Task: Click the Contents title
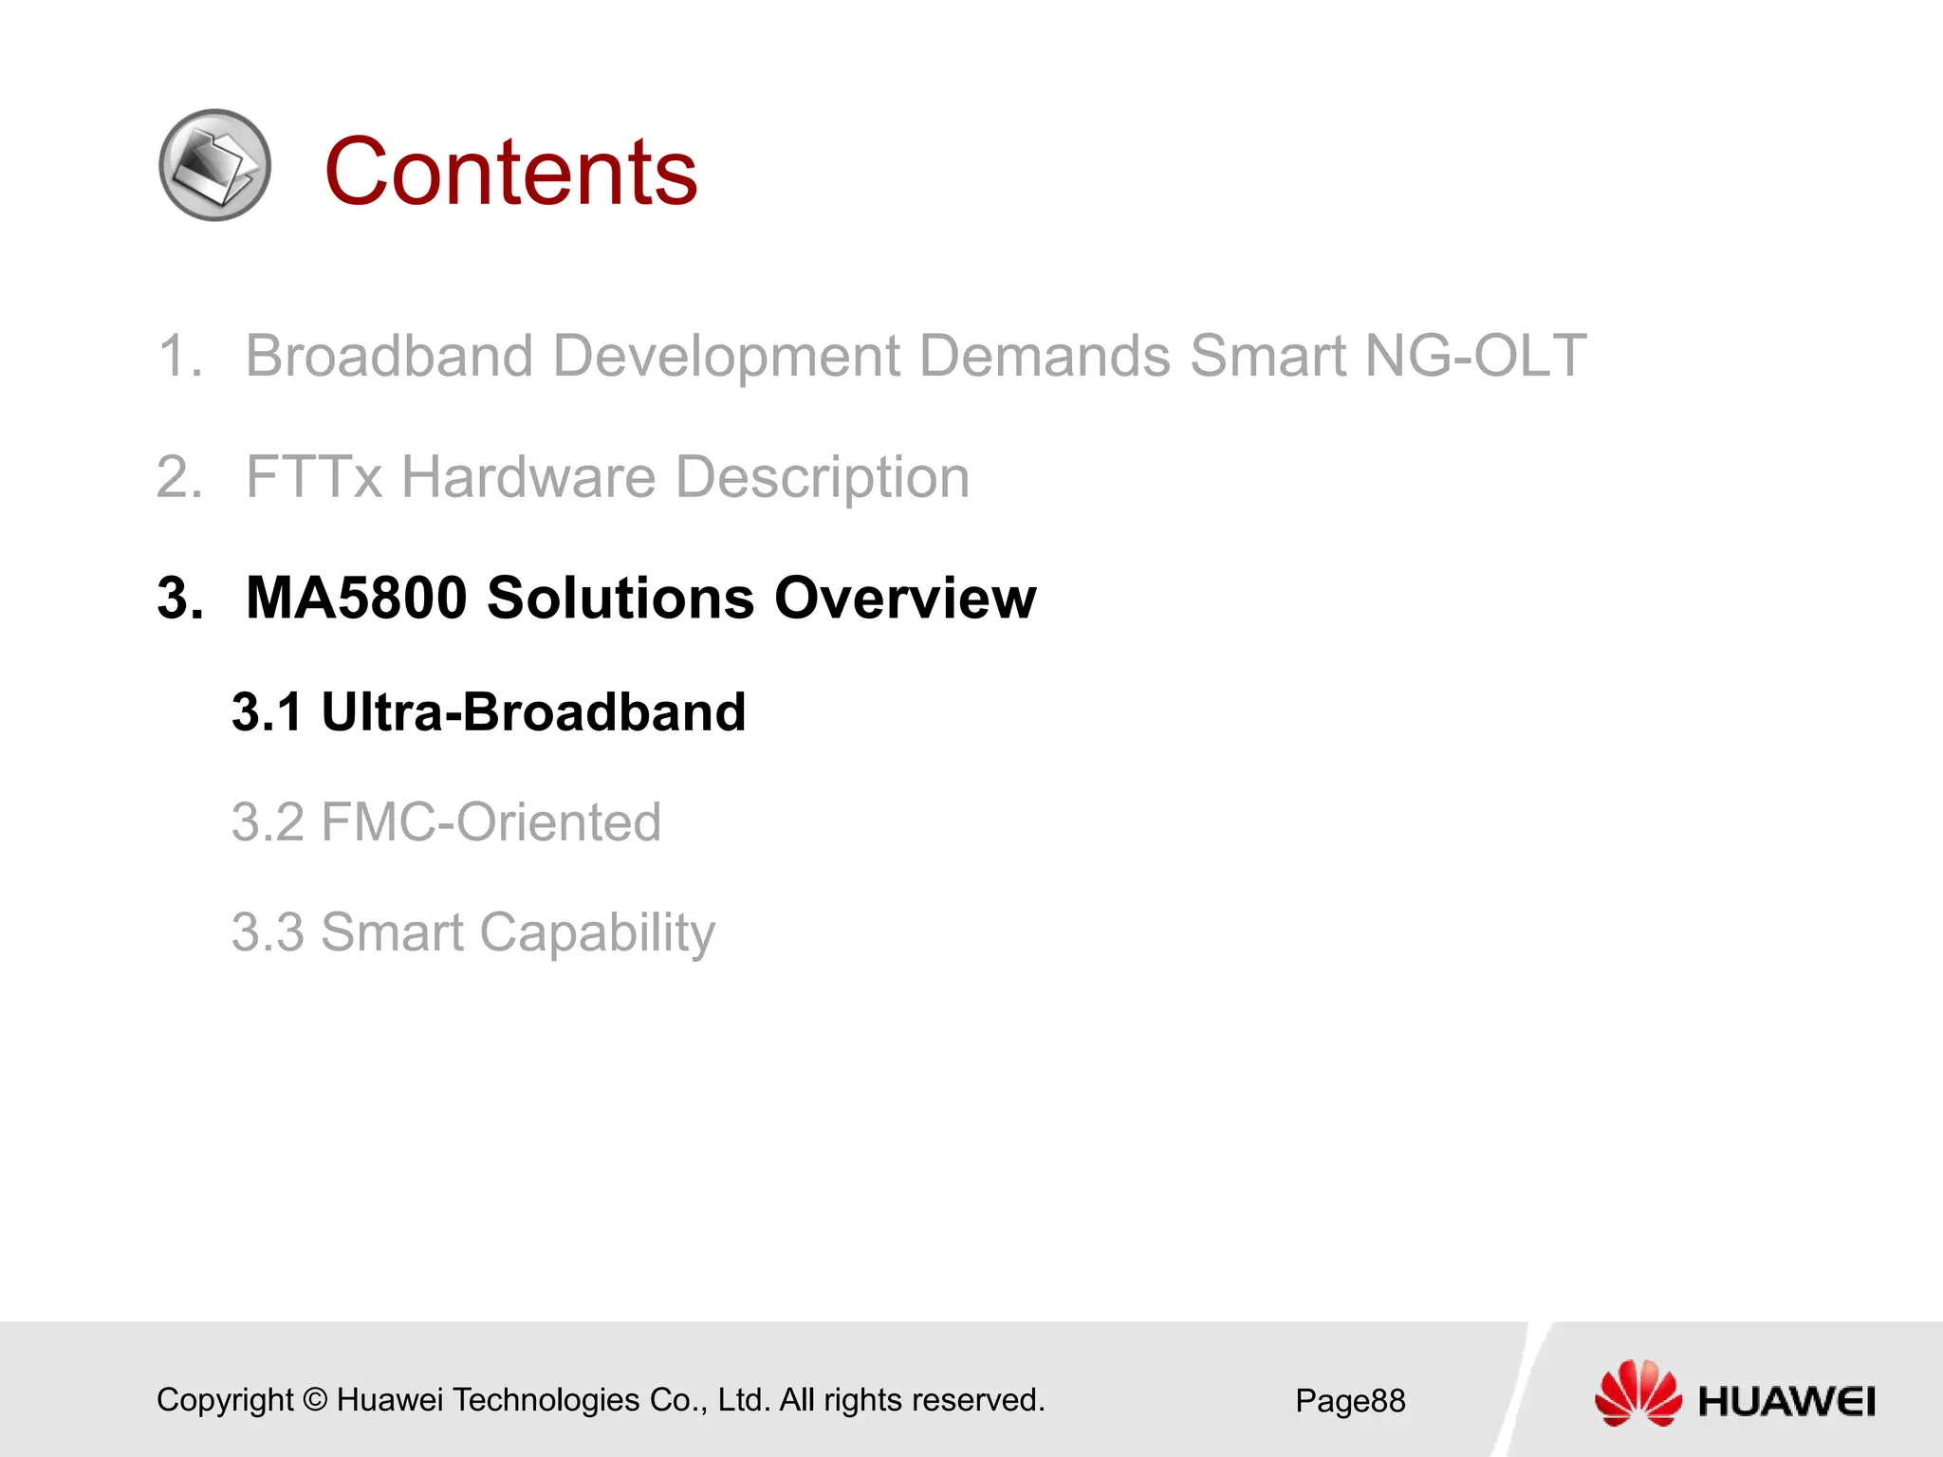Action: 510,172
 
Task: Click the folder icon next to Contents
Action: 215,165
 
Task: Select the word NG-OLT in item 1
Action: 1474,356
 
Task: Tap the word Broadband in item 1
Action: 389,356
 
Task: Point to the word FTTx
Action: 313,476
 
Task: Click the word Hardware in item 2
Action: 527,476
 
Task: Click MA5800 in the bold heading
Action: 356,598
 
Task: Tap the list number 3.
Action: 179,598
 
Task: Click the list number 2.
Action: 179,476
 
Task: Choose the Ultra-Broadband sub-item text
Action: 533,711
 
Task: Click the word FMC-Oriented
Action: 490,821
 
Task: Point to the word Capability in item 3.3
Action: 597,932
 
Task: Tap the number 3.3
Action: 268,931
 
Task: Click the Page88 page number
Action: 1350,1401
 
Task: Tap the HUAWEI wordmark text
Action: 1786,1402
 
